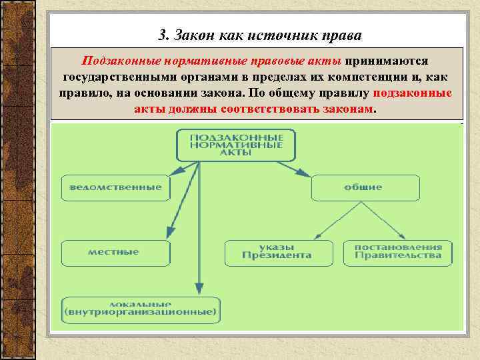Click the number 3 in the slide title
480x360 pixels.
163,35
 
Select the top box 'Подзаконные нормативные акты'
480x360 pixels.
236,145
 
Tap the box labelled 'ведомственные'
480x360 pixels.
115,187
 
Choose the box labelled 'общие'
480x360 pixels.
365,187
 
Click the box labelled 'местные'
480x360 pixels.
115,252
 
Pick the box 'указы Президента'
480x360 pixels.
277,252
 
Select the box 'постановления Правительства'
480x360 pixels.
398,252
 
